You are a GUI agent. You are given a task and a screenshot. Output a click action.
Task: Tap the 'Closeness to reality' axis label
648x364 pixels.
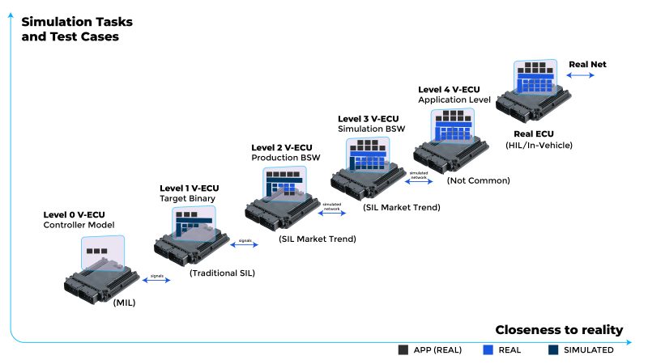(x=559, y=329)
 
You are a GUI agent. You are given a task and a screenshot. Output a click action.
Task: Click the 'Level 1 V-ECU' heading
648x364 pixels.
(x=189, y=188)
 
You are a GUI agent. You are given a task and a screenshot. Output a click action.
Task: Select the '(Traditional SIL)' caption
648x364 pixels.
(x=222, y=273)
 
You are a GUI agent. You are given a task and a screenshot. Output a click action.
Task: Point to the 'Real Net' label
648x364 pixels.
(x=587, y=64)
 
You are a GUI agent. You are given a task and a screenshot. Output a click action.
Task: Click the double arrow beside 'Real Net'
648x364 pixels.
(x=580, y=75)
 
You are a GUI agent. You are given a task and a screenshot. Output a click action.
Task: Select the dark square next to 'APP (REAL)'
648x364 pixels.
(x=403, y=350)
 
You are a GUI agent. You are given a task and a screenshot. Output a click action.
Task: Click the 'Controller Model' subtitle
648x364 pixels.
(x=79, y=225)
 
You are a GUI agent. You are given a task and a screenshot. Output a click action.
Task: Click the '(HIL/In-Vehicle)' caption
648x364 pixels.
(x=543, y=145)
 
